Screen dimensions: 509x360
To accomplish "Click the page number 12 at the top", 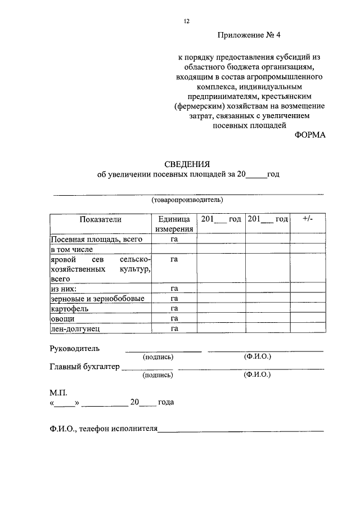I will pos(186,21).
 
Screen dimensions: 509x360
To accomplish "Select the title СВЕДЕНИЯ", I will pos(187,164).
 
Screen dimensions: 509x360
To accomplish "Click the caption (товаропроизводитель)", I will pos(187,200).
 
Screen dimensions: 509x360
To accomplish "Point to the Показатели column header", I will pos(100,219).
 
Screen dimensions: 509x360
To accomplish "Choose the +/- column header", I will pos(307,219).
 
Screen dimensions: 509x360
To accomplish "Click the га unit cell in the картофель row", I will pos(174,308).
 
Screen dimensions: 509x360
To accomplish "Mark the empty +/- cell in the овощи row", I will pos(307,318).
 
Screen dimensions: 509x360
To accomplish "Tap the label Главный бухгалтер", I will pos(85,367).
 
